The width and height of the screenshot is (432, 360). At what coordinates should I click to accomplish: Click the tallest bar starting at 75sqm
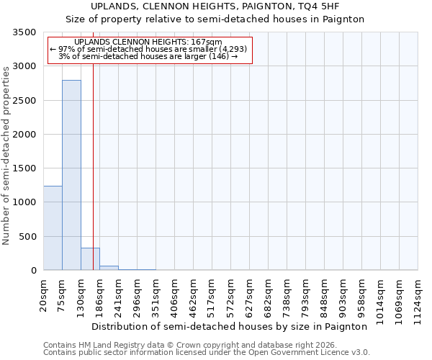coord(71,175)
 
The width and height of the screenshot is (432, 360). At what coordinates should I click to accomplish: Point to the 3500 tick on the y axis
coord(26,32)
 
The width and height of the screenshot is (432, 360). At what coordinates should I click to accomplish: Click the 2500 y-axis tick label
coord(26,101)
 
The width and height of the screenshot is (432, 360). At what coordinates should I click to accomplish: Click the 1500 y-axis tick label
coord(26,168)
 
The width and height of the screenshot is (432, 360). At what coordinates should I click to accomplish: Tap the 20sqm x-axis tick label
coord(44,294)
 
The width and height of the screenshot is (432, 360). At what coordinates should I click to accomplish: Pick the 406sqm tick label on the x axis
coord(175,296)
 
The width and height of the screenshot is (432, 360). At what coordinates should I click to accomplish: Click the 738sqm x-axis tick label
coord(287,296)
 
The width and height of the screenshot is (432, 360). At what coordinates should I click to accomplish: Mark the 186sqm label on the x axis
coord(100,296)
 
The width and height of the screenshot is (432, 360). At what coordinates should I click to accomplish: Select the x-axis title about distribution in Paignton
coord(230,326)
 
